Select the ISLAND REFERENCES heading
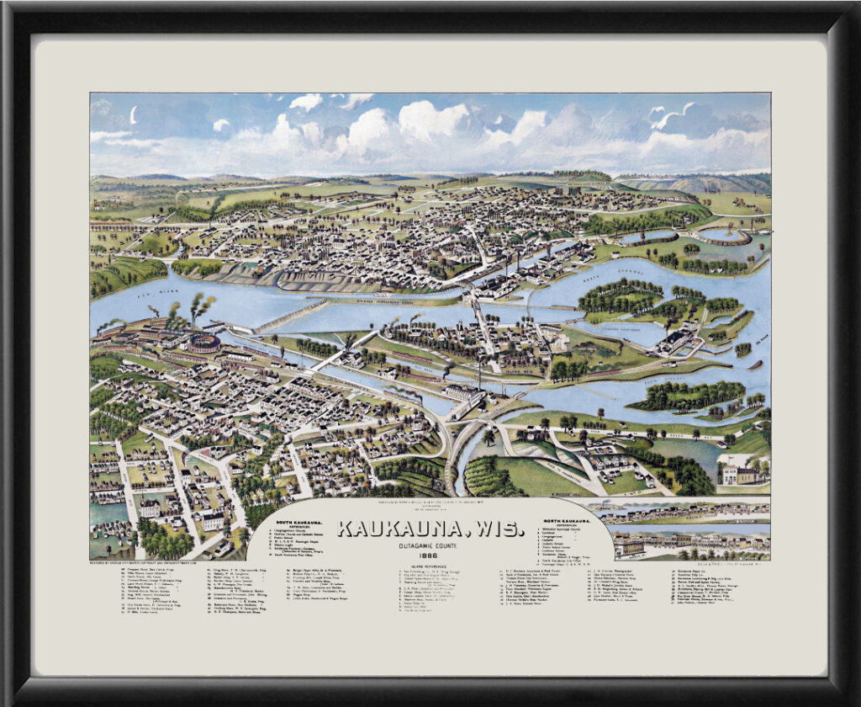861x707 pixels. (x=430, y=568)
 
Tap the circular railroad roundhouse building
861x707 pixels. (x=203, y=343)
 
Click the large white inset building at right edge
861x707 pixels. (x=739, y=474)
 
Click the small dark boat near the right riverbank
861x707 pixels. (x=755, y=366)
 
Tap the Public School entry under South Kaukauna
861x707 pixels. (x=290, y=543)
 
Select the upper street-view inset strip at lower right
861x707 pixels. (x=679, y=510)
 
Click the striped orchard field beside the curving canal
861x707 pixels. (x=488, y=477)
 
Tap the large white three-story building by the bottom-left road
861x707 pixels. (x=214, y=520)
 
